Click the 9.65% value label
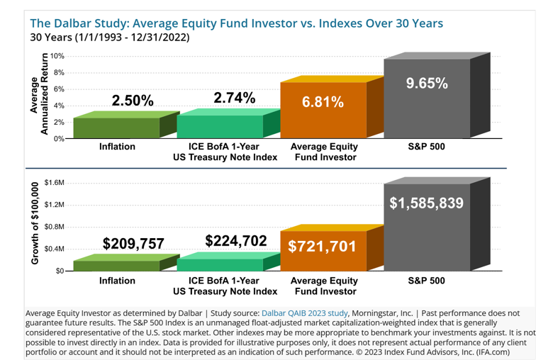426,84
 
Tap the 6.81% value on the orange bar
323,102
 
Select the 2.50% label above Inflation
133,100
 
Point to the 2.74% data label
234,99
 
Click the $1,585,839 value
427,203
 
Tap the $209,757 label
133,244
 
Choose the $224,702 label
235,241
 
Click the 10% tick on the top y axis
57,56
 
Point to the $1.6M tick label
54,183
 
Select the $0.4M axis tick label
54,249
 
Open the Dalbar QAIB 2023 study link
305,313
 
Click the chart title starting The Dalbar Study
235,23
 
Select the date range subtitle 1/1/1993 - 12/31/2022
110,38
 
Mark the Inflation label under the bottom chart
117,281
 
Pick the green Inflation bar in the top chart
117,128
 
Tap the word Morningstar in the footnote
376,313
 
